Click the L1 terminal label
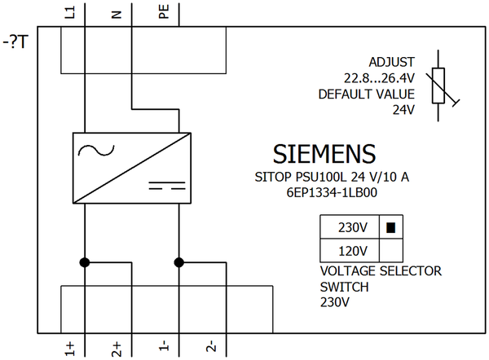[x=70, y=11]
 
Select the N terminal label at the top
[x=117, y=13]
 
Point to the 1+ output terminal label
[x=70, y=348]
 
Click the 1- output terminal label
[x=164, y=348]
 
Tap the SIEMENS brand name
[x=324, y=154]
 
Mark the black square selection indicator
[x=390, y=227]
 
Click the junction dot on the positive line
[x=84, y=262]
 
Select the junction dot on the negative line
[x=178, y=262]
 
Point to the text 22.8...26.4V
[x=379, y=77]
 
